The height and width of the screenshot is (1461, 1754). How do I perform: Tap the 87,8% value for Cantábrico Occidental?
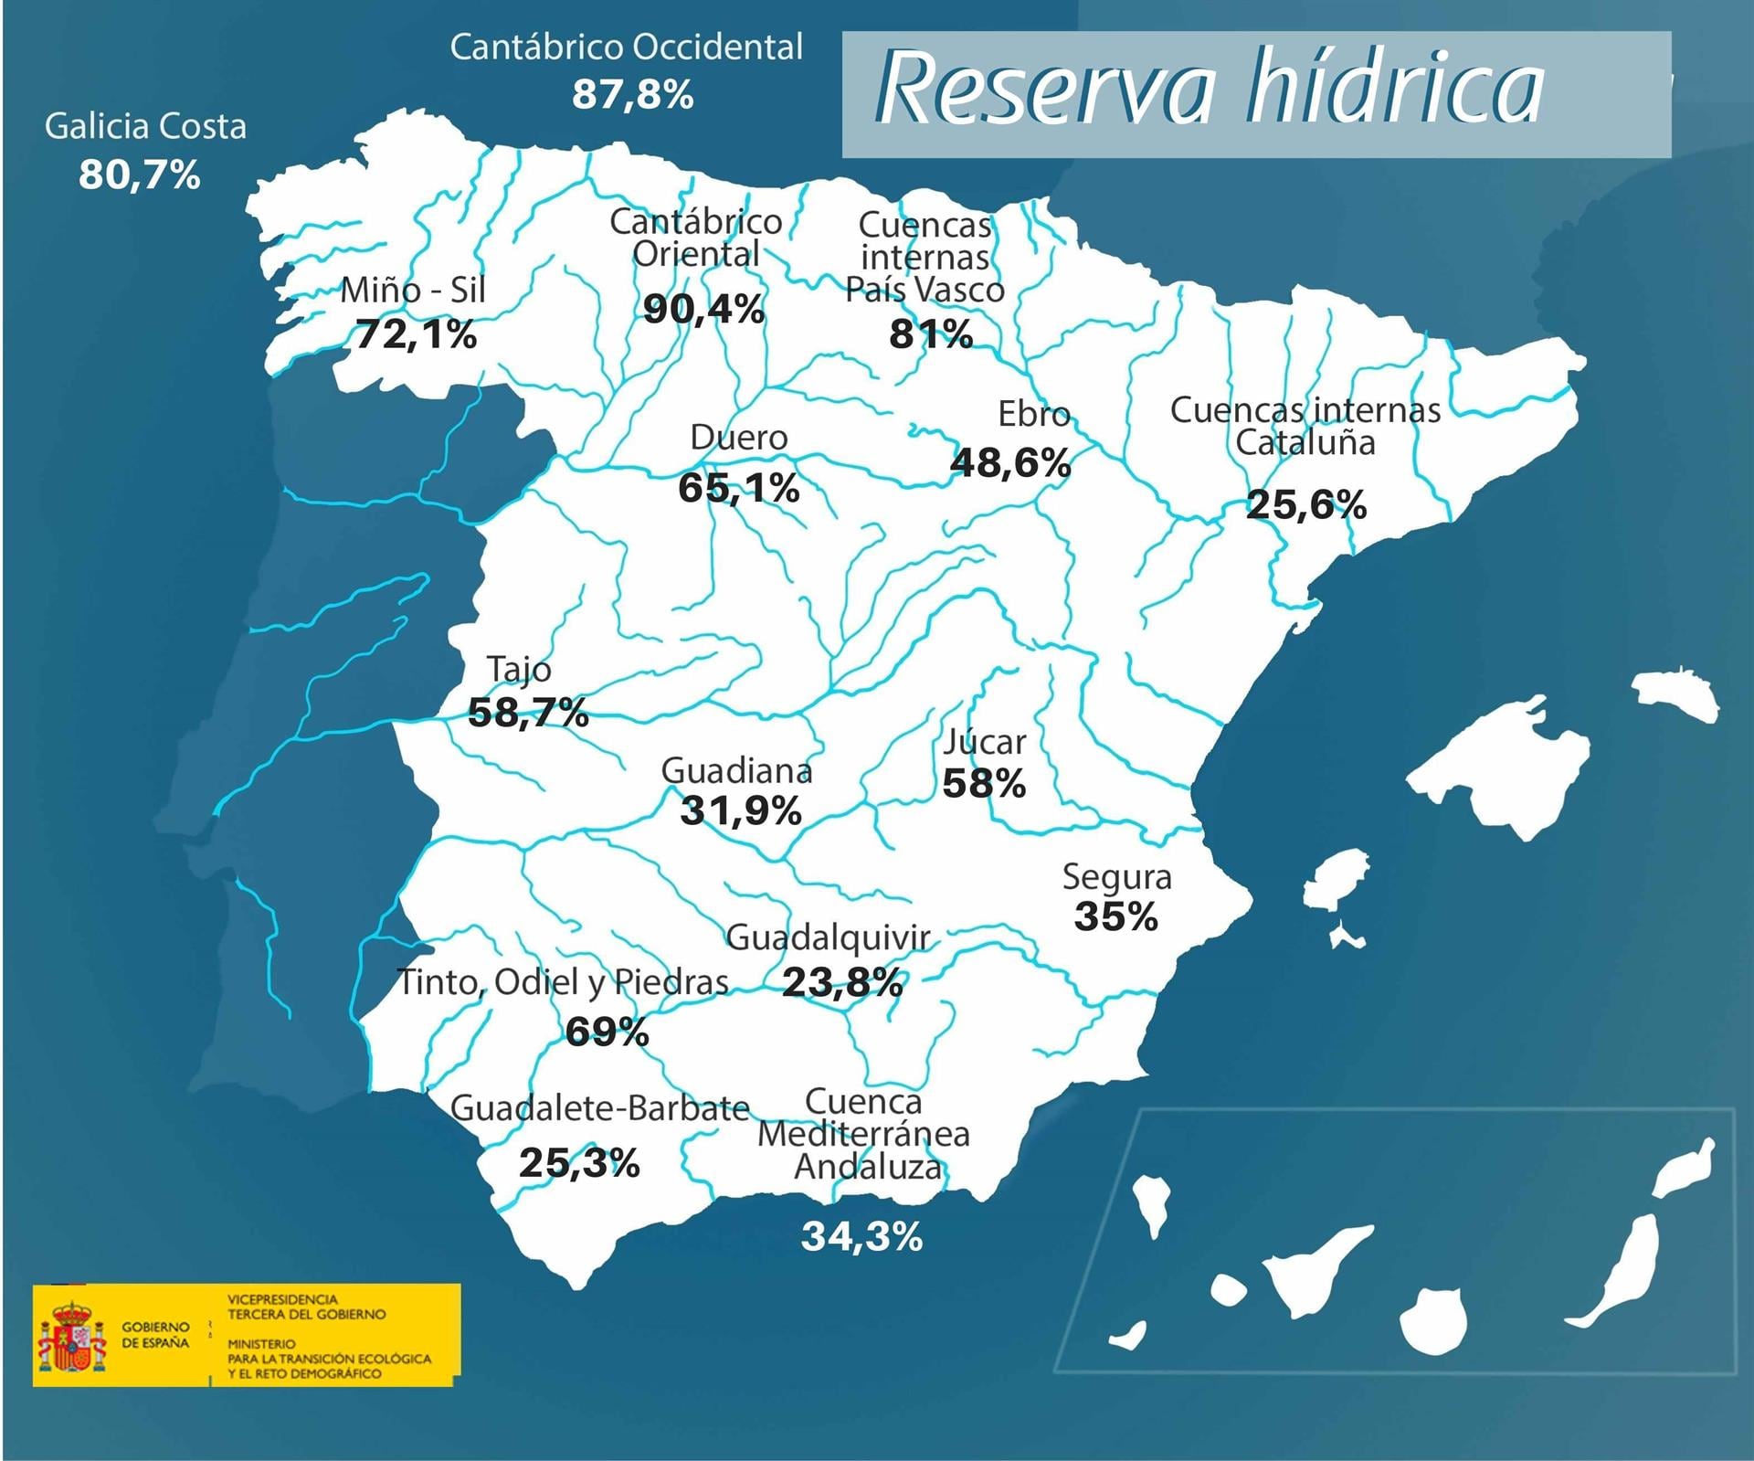click(x=632, y=95)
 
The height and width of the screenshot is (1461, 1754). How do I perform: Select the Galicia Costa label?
click(x=145, y=126)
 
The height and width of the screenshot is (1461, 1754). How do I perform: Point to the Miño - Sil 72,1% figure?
click(x=416, y=334)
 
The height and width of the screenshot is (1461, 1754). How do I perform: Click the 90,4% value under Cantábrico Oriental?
click(x=703, y=310)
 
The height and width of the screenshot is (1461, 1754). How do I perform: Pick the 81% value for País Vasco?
click(x=930, y=334)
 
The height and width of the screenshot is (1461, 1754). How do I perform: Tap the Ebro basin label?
click(x=1033, y=414)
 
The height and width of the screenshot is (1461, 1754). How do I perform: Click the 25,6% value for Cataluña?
click(x=1305, y=504)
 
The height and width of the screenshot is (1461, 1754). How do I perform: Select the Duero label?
click(x=738, y=438)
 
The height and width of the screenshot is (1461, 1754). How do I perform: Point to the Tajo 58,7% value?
click(x=527, y=712)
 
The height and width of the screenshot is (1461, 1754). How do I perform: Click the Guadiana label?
click(x=736, y=771)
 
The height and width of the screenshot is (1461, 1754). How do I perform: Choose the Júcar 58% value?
click(x=984, y=783)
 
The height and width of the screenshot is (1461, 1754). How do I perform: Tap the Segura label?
click(x=1116, y=877)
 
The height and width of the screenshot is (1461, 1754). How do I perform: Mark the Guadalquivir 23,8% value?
click(x=842, y=983)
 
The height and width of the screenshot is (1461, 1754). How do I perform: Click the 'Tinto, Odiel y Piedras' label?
click(x=563, y=981)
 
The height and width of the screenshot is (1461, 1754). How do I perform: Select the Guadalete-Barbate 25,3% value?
click(x=579, y=1163)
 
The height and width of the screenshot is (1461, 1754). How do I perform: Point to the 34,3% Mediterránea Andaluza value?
click(x=861, y=1237)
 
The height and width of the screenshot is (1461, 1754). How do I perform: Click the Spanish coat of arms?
click(x=71, y=1337)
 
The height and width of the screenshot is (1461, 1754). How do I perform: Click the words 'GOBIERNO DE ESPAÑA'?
click(x=155, y=1335)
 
